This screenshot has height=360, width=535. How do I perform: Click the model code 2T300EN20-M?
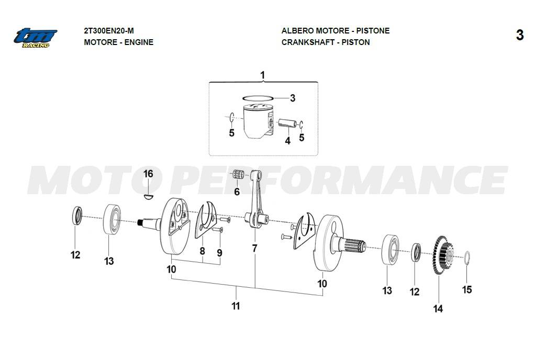[109, 31]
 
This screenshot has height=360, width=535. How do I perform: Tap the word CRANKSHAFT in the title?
[308, 42]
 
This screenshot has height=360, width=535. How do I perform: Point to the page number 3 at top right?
[520, 35]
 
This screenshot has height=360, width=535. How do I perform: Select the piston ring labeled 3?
[258, 98]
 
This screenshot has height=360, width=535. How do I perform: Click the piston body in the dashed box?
[258, 121]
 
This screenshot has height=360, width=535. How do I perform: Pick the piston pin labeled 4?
[286, 123]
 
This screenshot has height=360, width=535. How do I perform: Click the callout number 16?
[148, 174]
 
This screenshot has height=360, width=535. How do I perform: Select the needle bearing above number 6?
[238, 174]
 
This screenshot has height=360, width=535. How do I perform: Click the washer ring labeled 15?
[467, 258]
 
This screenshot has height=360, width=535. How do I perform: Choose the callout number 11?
[236, 306]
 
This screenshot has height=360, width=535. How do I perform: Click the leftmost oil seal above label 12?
[77, 216]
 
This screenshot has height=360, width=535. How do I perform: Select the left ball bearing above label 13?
[112, 219]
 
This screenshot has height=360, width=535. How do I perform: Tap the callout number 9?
[219, 253]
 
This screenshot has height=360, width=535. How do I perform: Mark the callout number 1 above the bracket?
[262, 75]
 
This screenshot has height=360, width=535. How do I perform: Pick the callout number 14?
[438, 309]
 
